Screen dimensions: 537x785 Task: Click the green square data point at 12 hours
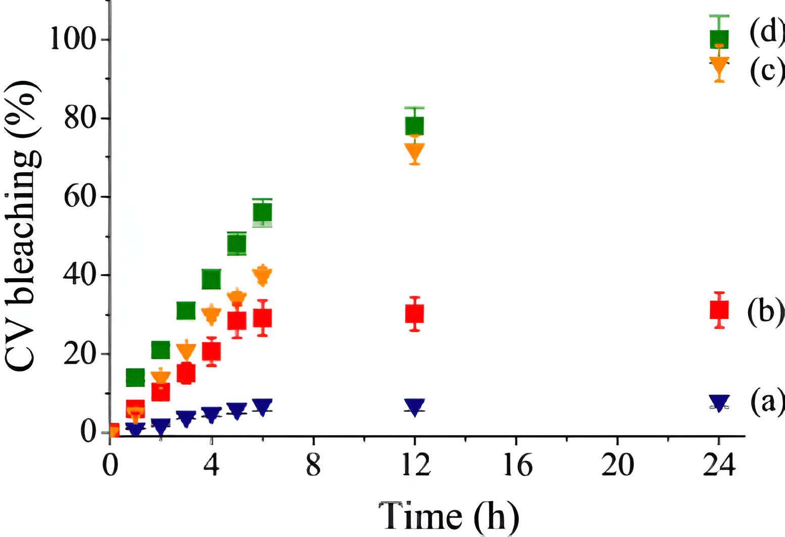point(414,126)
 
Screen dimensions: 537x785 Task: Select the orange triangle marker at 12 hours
point(414,151)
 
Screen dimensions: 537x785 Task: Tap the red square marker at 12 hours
point(414,313)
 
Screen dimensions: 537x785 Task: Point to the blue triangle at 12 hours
point(414,406)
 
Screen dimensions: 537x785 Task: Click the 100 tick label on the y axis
point(73,39)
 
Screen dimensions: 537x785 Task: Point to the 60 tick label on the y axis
point(80,197)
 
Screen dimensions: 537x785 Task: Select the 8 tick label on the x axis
point(313,465)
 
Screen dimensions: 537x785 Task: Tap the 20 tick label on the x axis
point(617,465)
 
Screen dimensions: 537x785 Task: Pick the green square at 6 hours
point(262,212)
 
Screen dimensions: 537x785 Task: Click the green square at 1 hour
point(135,377)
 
